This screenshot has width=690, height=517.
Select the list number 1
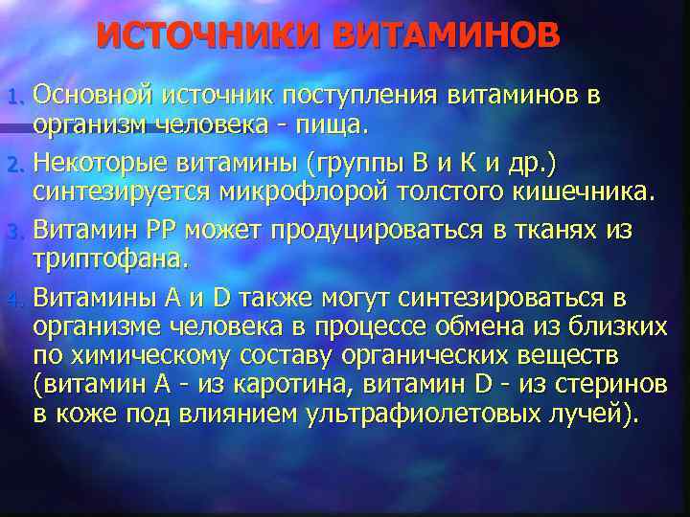[13, 97]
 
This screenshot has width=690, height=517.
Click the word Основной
[93, 95]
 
